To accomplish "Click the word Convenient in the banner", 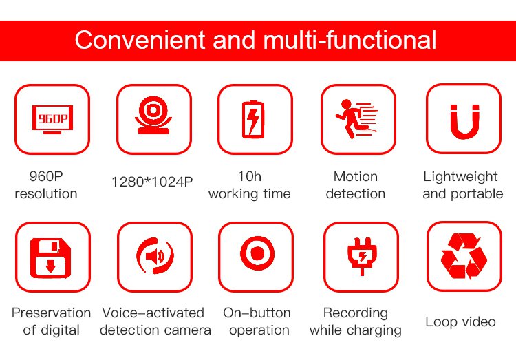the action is click(140, 40).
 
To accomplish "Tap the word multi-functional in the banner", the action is click(350, 40).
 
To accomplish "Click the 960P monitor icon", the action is click(52, 119).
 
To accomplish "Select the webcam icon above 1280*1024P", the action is click(153, 115).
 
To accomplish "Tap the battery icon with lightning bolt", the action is click(253, 119).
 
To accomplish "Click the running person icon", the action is click(356, 118).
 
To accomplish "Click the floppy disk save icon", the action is click(50, 258).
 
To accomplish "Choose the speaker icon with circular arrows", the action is click(155, 256).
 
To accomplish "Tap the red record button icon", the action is click(257, 253).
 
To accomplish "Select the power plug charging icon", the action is click(362, 256).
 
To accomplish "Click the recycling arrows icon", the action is click(464, 256).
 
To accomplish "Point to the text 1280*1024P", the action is click(152, 182).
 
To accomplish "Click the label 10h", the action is click(250, 176).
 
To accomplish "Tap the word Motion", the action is click(356, 176).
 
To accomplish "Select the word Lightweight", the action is click(460, 177).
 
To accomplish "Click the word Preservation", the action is click(52, 313).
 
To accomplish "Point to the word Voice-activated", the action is click(153, 313).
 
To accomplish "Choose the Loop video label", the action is click(460, 321).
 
